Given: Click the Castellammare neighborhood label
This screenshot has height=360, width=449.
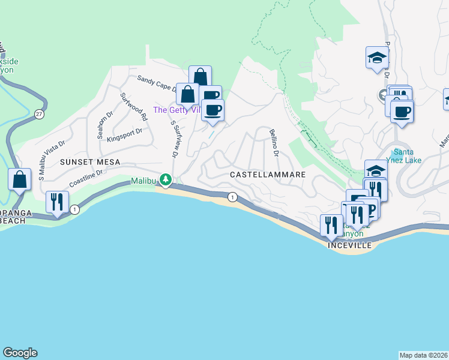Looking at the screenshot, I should (268, 174).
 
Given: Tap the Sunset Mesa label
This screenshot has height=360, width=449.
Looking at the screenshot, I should (90, 162).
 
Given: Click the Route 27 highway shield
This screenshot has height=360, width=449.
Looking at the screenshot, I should (38, 114).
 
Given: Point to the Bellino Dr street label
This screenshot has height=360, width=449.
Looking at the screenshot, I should (274, 143).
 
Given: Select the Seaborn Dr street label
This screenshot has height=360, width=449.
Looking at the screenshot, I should (100, 124).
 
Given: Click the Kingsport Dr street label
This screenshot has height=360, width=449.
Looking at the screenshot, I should (124, 134).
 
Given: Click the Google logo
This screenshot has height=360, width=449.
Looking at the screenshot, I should (20, 353).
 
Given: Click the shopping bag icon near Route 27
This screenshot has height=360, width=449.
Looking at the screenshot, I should (20, 179).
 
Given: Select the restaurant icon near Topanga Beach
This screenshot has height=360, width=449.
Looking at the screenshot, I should (58, 202).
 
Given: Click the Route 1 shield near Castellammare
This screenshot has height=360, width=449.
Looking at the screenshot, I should (232, 197).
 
